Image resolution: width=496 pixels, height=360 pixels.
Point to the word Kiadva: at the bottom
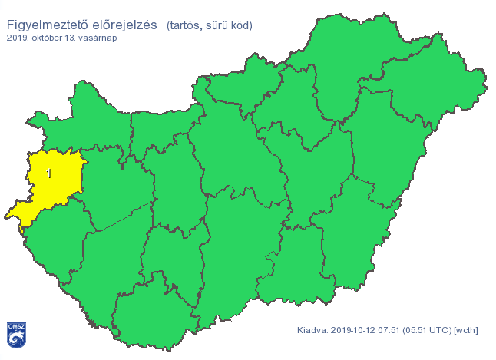[x=312, y=331]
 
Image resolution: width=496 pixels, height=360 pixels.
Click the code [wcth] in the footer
[x=467, y=331]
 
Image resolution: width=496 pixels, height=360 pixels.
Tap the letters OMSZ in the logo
[x=15, y=327]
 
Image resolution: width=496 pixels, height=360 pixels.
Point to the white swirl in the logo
[x=15, y=339]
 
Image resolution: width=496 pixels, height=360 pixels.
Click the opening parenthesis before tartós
[x=169, y=25]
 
